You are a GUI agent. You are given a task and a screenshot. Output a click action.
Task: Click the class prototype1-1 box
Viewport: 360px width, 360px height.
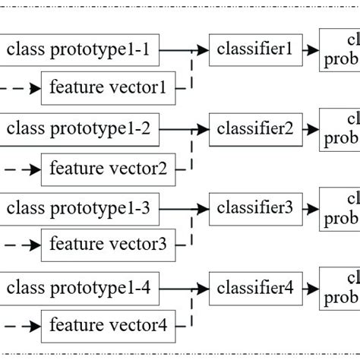pos(79,52)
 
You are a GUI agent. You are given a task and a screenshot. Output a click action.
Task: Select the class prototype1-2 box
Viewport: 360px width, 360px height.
pos(79,130)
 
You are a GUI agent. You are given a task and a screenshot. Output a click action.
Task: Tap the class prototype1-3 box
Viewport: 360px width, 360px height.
pos(79,207)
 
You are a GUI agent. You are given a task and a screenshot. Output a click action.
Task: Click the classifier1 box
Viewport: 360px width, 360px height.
pos(254,50)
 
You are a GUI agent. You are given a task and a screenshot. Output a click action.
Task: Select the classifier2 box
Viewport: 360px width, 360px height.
pos(254,130)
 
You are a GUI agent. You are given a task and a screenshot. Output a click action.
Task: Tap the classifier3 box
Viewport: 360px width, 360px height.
pos(254,207)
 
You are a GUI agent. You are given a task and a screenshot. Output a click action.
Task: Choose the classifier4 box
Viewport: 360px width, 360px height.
pos(254,289)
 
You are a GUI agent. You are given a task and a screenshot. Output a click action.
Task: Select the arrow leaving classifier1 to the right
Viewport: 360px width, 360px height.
pos(309,50)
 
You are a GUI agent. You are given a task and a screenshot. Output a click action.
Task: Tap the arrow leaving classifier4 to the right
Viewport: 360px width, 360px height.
pos(309,289)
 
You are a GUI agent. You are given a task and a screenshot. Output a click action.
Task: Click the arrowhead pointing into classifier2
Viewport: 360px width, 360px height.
pos(202,130)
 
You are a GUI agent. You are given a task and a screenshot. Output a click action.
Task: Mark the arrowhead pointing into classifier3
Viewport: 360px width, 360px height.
pos(202,207)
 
